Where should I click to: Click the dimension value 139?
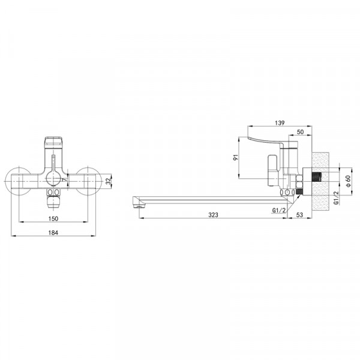(280, 123)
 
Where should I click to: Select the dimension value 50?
(300, 132)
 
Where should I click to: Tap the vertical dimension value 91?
(236, 157)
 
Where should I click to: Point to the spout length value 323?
(213, 215)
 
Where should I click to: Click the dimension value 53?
(299, 215)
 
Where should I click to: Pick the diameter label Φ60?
(348, 181)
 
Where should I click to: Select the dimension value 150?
(53, 218)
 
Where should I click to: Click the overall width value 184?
(53, 233)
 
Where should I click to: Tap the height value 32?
(108, 181)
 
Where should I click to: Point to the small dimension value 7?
(65, 179)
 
